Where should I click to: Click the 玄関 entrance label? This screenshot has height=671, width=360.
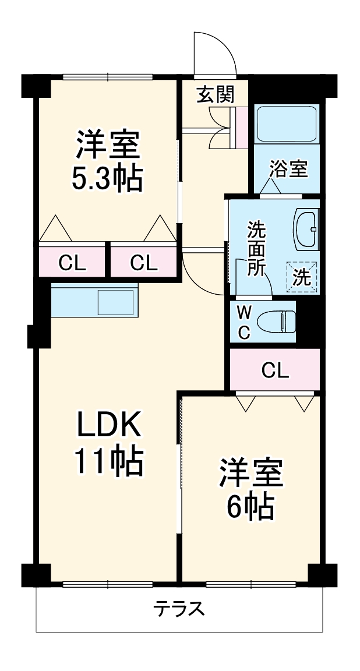coord(215,94)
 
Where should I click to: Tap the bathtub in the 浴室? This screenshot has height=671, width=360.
coord(286,124)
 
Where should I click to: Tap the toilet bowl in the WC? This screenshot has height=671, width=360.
coord(276,321)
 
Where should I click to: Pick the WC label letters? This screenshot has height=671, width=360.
coord(245,322)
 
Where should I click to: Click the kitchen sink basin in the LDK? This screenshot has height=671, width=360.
coord(116,302)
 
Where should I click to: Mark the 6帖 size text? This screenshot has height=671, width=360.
coord(250,507)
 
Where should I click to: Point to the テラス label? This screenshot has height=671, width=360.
coord(179,609)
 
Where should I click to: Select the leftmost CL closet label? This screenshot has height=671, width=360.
coord(72,264)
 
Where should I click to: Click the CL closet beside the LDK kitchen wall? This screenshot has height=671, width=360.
coord(144,264)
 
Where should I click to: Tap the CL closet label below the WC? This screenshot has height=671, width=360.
coord(275,370)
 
